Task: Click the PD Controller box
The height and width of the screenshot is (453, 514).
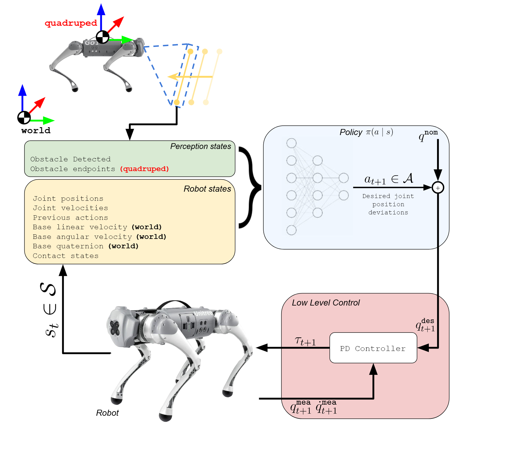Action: [373, 348]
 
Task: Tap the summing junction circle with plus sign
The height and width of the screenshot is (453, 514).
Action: [438, 188]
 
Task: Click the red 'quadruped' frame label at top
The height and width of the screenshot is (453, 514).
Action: [71, 23]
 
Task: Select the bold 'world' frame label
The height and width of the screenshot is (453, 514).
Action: [36, 131]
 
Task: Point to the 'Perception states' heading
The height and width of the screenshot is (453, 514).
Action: [200, 146]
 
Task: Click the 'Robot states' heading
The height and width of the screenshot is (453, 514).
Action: [207, 189]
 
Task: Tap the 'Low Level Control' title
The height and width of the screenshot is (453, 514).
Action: [325, 303]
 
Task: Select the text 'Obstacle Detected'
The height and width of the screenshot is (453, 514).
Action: [70, 159]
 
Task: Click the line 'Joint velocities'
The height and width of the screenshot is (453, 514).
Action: [70, 208]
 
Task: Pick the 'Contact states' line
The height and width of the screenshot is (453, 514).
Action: [65, 256]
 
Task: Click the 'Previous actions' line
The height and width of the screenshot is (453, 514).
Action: [70, 218]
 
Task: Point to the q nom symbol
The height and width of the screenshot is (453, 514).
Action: [428, 135]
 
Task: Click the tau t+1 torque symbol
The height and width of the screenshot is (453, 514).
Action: [305, 341]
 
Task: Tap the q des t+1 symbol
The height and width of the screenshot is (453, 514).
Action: [425, 325]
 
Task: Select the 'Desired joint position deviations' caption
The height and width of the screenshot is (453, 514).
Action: [388, 204]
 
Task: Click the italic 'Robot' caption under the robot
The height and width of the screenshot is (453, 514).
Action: [107, 413]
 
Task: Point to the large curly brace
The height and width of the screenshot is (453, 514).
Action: [250, 187]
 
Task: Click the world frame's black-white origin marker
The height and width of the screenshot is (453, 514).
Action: [24, 118]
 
